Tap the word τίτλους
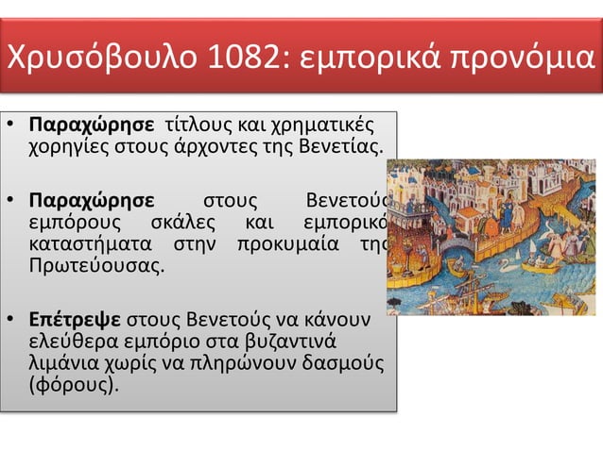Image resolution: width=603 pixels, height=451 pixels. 195,126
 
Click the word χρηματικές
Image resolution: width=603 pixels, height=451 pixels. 319,126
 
